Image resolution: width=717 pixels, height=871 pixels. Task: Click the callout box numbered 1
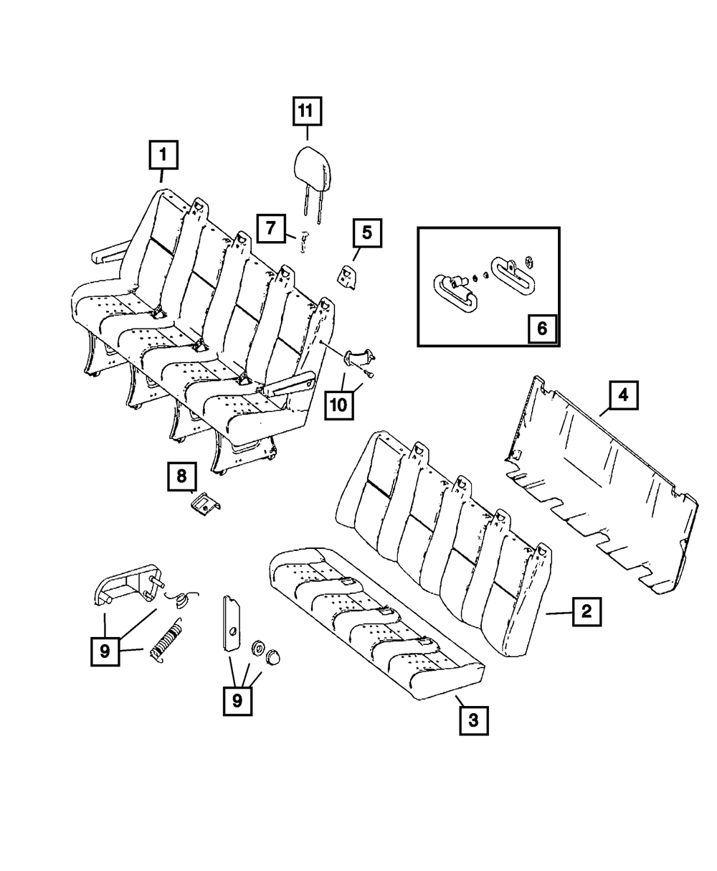pyautogui.click(x=163, y=154)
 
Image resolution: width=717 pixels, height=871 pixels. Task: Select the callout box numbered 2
pyautogui.click(x=587, y=611)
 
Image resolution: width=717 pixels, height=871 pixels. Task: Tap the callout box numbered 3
pyautogui.click(x=473, y=720)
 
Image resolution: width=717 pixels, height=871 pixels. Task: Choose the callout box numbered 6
pyautogui.click(x=541, y=329)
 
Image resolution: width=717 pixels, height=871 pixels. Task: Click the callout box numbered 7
pyautogui.click(x=271, y=230)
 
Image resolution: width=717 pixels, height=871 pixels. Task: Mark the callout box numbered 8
pyautogui.click(x=182, y=476)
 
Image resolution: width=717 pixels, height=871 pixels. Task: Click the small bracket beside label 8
pyautogui.click(x=205, y=505)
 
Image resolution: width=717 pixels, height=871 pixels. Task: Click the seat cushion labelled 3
pyautogui.click(x=373, y=617)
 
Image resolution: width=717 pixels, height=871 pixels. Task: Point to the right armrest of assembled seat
pyautogui.click(x=290, y=382)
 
